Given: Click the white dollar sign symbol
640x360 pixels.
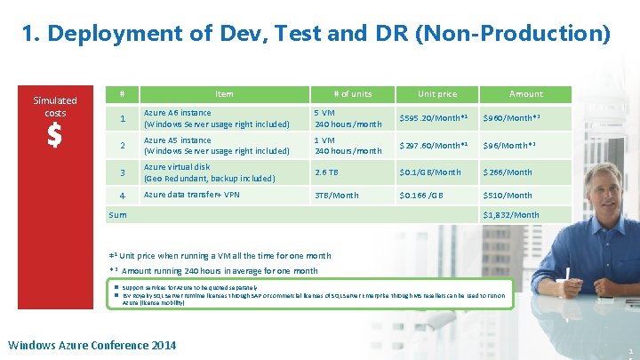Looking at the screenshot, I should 54,136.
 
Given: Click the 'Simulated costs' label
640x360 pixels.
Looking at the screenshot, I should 55,107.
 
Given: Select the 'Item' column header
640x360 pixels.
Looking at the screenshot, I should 224,93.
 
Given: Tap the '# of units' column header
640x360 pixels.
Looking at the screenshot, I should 352,93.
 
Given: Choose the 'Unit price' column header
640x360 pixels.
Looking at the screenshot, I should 436,93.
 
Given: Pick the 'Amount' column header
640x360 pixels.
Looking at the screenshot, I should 525,93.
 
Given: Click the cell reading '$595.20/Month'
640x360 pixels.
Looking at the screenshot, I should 433,118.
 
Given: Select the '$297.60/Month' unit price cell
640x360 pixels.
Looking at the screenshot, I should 433,146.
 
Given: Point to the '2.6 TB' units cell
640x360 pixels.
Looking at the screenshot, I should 326,172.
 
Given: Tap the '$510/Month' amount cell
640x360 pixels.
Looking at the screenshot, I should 507,196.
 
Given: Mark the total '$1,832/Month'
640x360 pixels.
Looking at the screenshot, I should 510,215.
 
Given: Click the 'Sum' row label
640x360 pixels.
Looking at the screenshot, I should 117,215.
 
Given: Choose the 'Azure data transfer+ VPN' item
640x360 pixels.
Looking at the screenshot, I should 191,195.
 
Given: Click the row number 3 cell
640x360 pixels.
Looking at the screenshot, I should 124,172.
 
